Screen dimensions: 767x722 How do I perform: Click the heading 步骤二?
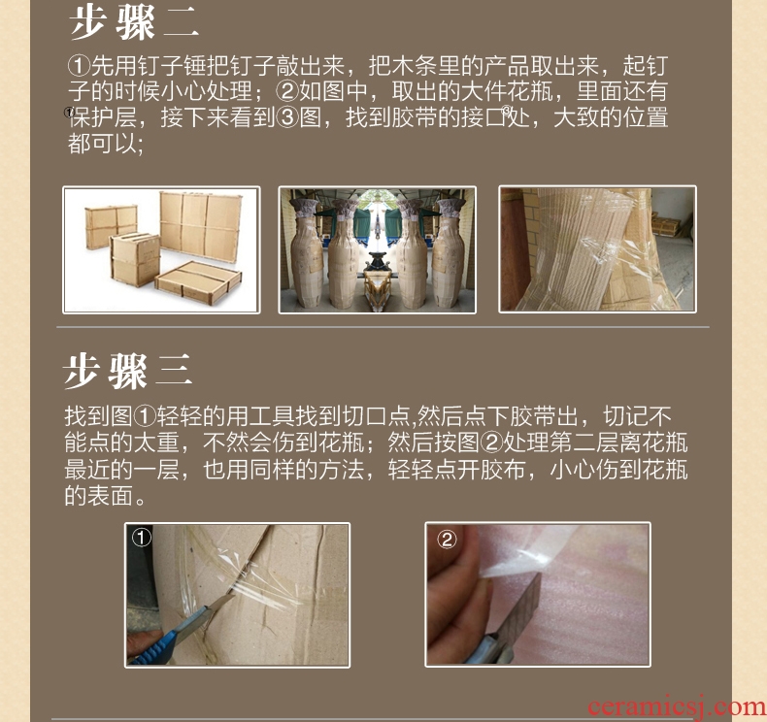click(x=134, y=23)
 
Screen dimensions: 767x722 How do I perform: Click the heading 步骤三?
click(x=128, y=371)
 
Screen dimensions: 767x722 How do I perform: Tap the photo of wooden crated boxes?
click(x=161, y=249)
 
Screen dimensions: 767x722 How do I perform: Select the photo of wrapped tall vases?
click(x=377, y=249)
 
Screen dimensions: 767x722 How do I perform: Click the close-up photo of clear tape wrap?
click(x=597, y=248)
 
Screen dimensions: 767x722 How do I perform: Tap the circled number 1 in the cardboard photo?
click(x=142, y=538)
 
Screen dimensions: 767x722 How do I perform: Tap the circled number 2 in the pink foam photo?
click(x=446, y=540)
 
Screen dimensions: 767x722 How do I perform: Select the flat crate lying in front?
click(x=198, y=282)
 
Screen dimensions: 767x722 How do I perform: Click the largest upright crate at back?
click(x=201, y=225)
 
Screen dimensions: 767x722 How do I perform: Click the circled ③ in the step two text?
click(x=287, y=117)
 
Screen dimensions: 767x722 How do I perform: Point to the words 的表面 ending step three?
click(x=98, y=496)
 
